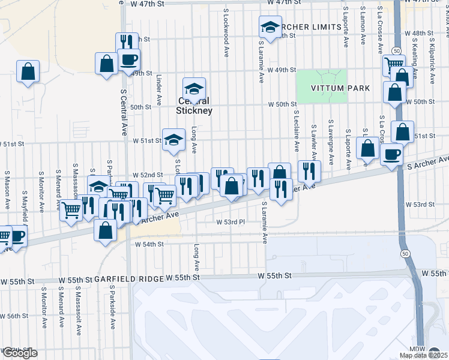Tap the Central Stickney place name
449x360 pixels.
194,106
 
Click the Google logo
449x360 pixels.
19,353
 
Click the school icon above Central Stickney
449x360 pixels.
194,89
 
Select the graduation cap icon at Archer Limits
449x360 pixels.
270,26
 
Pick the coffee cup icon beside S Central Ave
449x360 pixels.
128,59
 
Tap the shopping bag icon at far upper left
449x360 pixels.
28,71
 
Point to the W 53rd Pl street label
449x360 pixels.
231,221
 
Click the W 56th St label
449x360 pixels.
14,316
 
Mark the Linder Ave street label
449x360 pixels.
159,88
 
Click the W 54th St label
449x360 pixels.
149,244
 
